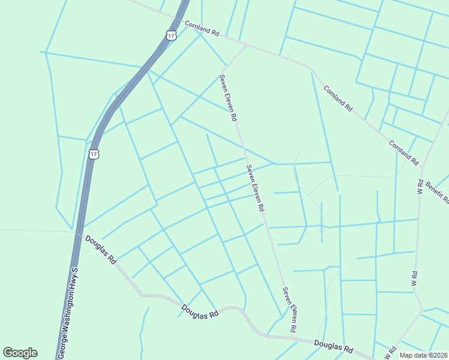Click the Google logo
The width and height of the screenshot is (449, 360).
[x=20, y=353]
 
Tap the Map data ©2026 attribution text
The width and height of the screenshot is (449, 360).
[x=424, y=355]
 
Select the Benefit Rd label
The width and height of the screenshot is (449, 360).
[x=438, y=191]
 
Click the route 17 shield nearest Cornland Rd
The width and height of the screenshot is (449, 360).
[x=172, y=36]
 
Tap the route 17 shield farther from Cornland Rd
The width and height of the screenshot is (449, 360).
[x=94, y=154]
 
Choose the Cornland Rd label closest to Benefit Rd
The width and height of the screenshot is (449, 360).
[x=403, y=153]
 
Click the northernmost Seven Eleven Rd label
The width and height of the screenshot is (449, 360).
[x=226, y=97]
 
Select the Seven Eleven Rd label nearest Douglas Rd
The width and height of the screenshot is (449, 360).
[x=290, y=309]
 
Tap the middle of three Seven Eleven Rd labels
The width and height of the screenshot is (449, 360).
[x=255, y=188]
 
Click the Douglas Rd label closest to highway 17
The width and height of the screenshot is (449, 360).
[x=100, y=249]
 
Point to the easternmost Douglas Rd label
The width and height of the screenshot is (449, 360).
[x=333, y=347]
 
